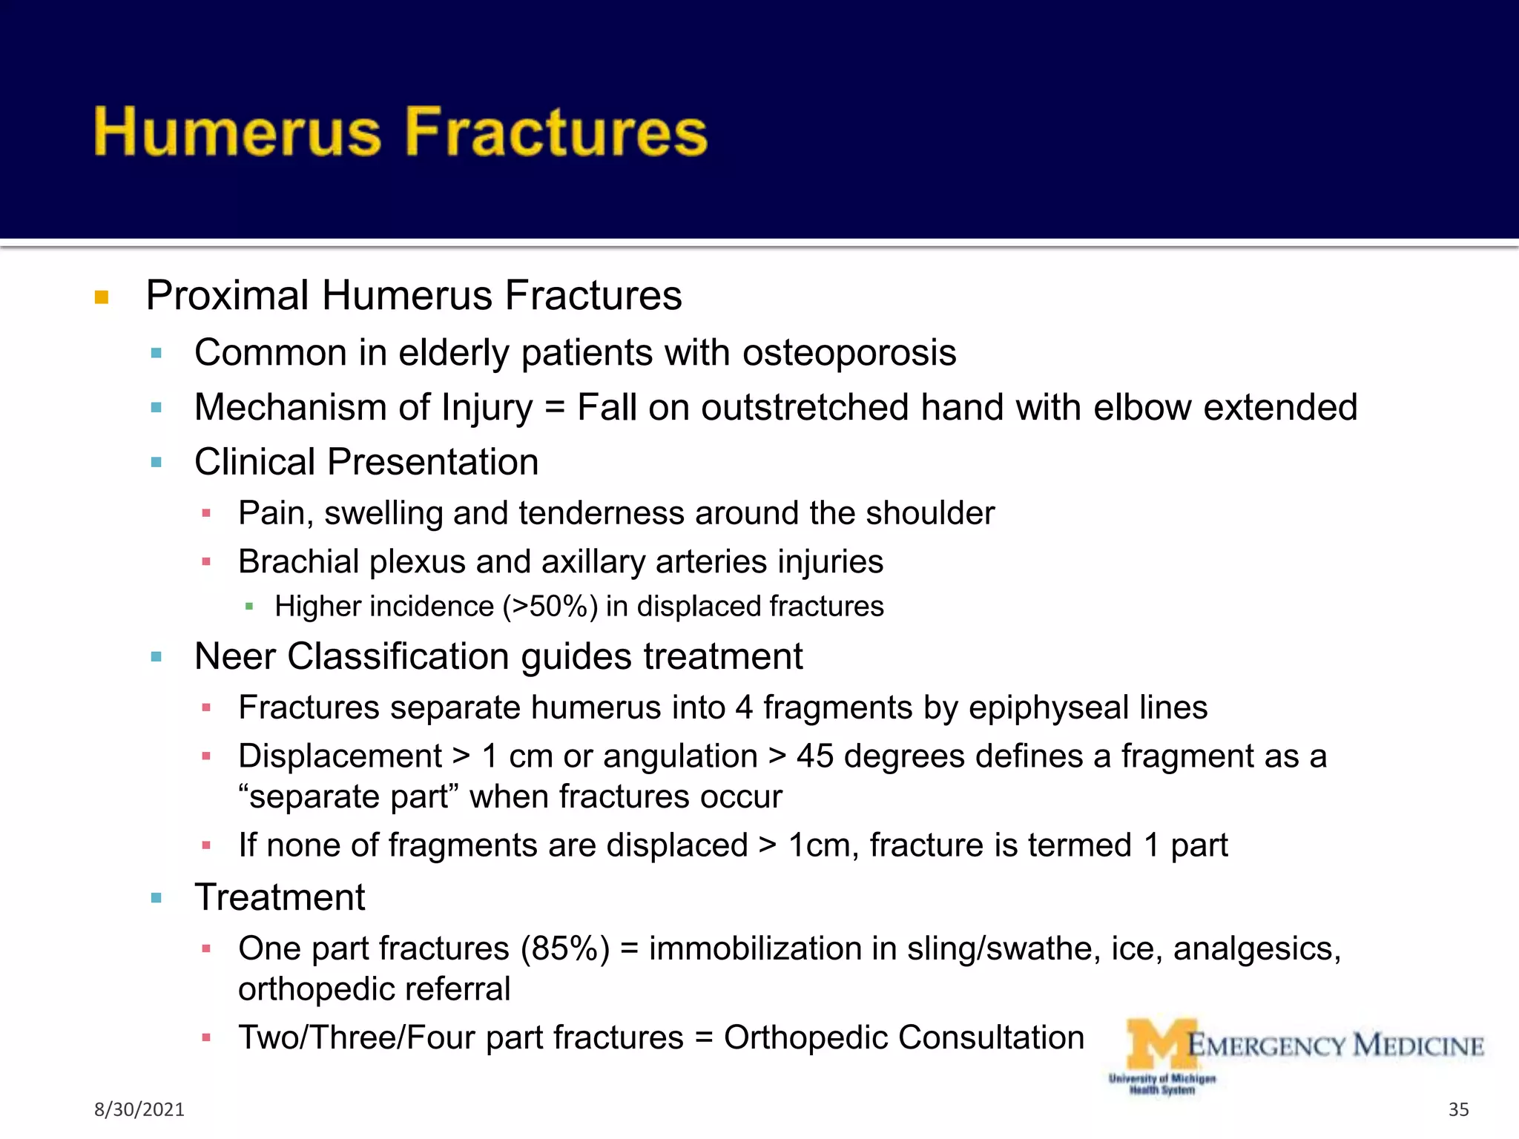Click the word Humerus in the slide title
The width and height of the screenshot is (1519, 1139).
(237, 132)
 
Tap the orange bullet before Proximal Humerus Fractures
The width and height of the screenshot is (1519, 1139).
(102, 298)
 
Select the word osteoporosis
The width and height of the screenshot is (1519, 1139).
(849, 353)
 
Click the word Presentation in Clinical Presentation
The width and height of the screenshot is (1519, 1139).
(432, 463)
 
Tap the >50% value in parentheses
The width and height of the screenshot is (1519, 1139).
(550, 607)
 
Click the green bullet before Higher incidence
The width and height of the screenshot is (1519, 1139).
(249, 607)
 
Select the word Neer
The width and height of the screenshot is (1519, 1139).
(234, 657)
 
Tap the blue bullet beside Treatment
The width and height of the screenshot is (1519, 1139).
(156, 899)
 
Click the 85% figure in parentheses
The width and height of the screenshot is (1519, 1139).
(564, 949)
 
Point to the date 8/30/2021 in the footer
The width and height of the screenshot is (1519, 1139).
(139, 1109)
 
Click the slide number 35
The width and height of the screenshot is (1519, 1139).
(1458, 1109)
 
